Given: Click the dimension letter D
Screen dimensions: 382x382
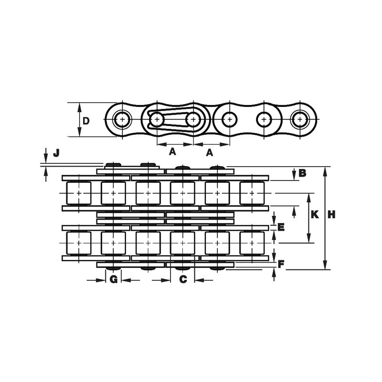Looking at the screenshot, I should coord(85,120).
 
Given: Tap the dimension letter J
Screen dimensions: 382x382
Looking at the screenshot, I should coord(56,153).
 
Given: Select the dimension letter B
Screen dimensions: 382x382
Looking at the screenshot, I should coord(302,173).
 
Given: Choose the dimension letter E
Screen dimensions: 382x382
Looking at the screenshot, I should coord(281,227).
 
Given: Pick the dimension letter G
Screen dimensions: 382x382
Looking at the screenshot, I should coord(113,279).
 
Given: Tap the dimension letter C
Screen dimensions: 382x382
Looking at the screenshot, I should coord(183,279).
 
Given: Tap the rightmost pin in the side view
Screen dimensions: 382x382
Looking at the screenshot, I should coord(299,118).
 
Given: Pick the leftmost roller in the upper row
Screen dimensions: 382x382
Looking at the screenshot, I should coord(77,193).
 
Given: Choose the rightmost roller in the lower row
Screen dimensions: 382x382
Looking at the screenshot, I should coord(251,243).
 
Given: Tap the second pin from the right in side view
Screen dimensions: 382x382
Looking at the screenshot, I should coord(264,118).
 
